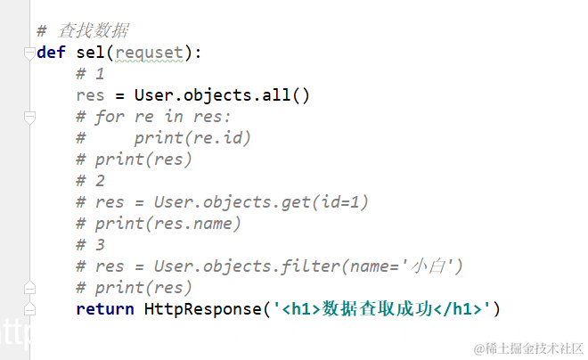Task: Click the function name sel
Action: (78, 53)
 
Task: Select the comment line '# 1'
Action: (90, 74)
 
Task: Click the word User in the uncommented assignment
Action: (153, 95)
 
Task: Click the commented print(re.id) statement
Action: (192, 138)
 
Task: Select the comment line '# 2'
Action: (90, 181)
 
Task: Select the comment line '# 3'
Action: (90, 245)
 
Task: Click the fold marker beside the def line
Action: (29, 53)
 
